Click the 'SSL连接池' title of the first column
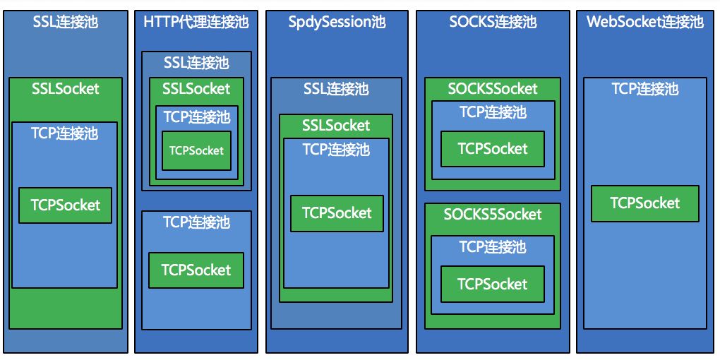pyautogui.click(x=65, y=22)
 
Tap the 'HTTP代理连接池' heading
pyautogui.click(x=196, y=22)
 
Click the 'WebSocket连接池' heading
pyautogui.click(x=644, y=22)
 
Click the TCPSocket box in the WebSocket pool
pyautogui.click(x=644, y=203)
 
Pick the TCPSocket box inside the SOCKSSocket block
pyautogui.click(x=492, y=149)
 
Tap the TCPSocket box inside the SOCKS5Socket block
pyautogui.click(x=492, y=284)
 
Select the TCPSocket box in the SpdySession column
pyautogui.click(x=337, y=213)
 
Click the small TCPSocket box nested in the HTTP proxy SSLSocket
pyautogui.click(x=196, y=150)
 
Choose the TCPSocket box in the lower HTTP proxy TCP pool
pyautogui.click(x=196, y=270)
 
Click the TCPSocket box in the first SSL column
pyautogui.click(x=65, y=205)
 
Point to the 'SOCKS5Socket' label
pyautogui.click(x=492, y=215)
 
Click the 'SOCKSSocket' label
pyautogui.click(x=492, y=89)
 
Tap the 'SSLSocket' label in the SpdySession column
pyautogui.click(x=336, y=126)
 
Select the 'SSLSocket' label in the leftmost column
pyautogui.click(x=65, y=89)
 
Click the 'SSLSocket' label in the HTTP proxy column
pyautogui.click(x=196, y=89)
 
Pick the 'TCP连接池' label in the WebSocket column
pyautogui.click(x=644, y=89)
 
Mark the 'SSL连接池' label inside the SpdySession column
pyautogui.click(x=336, y=89)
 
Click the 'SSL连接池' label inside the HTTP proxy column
pyautogui.click(x=196, y=63)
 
